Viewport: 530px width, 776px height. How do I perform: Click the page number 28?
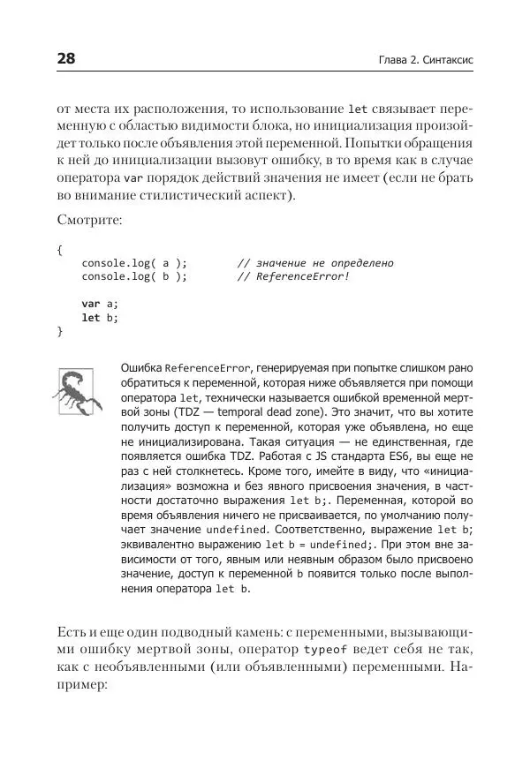tap(66, 59)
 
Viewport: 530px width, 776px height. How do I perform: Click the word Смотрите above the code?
tap(89, 218)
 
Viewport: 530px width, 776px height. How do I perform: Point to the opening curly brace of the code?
tap(60, 250)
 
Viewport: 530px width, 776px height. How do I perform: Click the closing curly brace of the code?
tap(60, 331)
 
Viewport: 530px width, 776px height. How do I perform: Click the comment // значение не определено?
tap(315, 263)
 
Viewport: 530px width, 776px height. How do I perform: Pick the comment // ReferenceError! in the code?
tap(293, 276)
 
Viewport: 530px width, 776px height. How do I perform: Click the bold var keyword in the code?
tap(91, 304)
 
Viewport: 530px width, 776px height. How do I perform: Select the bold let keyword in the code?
tap(91, 317)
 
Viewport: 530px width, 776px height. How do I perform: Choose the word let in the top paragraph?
tap(359, 110)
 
